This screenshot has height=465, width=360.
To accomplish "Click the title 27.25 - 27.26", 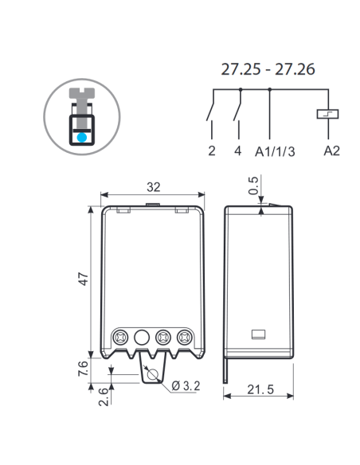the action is (268, 69).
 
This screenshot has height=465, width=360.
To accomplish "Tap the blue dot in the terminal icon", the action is (82, 137).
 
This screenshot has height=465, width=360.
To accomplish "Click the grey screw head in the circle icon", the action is (82, 93).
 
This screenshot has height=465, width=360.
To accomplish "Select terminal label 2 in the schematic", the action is (211, 150).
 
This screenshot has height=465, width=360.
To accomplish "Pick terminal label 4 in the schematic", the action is (238, 150).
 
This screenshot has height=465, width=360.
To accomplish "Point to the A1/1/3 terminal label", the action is (275, 151).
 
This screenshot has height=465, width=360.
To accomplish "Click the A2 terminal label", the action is (331, 150).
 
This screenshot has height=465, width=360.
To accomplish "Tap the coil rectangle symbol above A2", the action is (327, 114).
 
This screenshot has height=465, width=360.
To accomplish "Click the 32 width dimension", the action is (153, 187).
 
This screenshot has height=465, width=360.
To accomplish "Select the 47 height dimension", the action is (84, 279).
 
